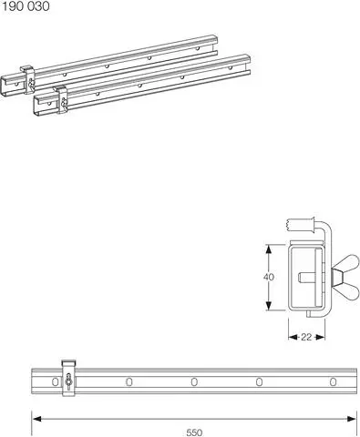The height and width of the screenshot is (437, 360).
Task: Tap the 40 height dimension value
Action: click(x=268, y=277)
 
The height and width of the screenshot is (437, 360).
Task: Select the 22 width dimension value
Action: click(x=306, y=337)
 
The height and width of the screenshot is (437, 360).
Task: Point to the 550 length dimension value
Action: click(x=194, y=432)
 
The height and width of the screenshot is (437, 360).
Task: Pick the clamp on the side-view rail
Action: click(x=67, y=379)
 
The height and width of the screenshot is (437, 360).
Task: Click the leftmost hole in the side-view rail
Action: click(x=129, y=381)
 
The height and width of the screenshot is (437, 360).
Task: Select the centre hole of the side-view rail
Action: click(x=194, y=381)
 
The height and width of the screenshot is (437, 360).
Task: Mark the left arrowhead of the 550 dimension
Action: click(x=36, y=419)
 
